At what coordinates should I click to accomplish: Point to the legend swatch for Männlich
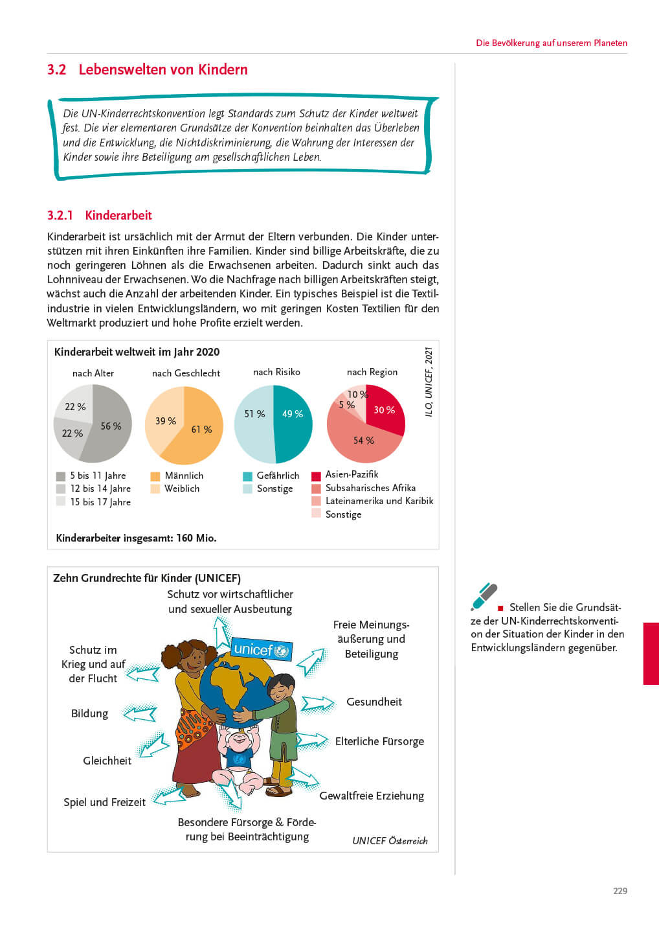click(155, 476)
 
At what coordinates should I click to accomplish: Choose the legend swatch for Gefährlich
click(247, 476)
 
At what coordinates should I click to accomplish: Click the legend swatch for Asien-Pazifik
click(317, 476)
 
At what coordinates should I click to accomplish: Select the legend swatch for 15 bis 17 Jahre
click(61, 501)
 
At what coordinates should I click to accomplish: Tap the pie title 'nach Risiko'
click(276, 372)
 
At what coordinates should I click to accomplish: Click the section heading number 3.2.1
click(60, 215)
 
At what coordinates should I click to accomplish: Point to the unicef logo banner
click(262, 649)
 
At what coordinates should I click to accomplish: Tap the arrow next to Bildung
click(140, 714)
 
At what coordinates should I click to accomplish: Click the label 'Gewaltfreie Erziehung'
click(372, 796)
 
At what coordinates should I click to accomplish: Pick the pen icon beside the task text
click(484, 597)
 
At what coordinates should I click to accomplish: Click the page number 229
click(620, 891)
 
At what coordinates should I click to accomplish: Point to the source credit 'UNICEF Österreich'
click(390, 840)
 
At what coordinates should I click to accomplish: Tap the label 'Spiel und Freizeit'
click(104, 802)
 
